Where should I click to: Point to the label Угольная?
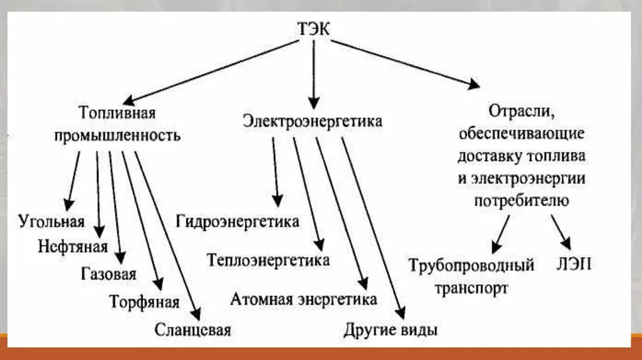pyautogui.click(x=51, y=221)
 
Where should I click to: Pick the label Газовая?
pyautogui.click(x=108, y=273)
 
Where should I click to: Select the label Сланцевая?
pyautogui.click(x=193, y=329)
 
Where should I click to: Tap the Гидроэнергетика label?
pyautogui.click(x=238, y=221)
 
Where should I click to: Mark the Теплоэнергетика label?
pyautogui.click(x=269, y=260)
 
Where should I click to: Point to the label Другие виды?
pyautogui.click(x=390, y=330)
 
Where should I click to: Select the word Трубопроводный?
pyautogui.click(x=471, y=265)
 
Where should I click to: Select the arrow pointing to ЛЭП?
pyautogui.click(x=561, y=232)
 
